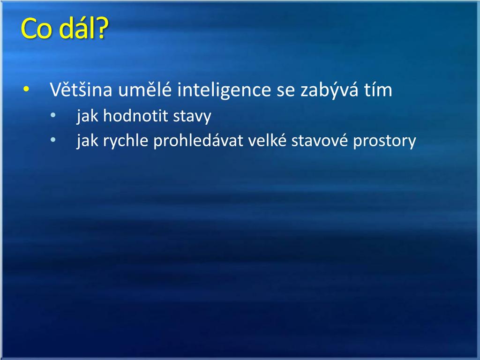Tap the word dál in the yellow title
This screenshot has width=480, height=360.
pyautogui.click(x=77, y=28)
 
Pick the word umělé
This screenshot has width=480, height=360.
pyautogui.click(x=144, y=89)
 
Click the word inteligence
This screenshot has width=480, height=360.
pyautogui.click(x=225, y=90)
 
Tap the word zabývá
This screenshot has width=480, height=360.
pyautogui.click(x=329, y=90)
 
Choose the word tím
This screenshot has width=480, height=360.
pyautogui.click(x=378, y=90)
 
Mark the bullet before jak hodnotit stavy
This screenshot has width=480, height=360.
pyautogui.click(x=53, y=115)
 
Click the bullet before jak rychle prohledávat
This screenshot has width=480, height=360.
pyautogui.click(x=53, y=140)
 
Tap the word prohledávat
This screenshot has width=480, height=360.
pyautogui.click(x=198, y=141)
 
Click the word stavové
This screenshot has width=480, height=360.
pyautogui.click(x=320, y=140)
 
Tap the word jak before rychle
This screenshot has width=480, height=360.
pyautogui.click(x=87, y=141)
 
